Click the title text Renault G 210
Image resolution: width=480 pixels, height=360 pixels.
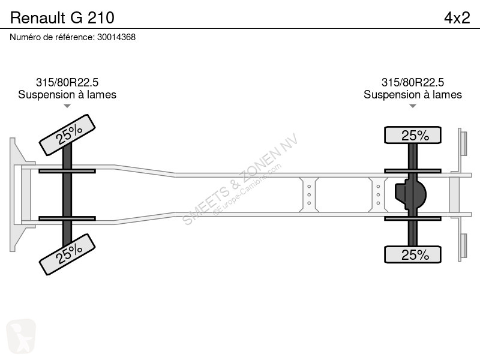[62, 18]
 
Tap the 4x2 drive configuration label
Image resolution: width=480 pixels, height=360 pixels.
[457, 18]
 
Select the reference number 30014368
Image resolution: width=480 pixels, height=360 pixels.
[116, 37]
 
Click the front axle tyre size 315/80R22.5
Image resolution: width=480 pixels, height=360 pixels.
[67, 82]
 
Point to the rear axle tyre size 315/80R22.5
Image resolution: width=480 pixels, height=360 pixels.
[413, 82]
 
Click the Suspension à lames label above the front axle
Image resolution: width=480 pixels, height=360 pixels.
[67, 95]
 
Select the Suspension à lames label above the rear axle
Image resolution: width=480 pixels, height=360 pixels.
[413, 95]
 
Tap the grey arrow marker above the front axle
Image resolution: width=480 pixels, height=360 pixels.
[67, 106]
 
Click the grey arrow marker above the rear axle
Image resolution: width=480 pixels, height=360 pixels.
[413, 106]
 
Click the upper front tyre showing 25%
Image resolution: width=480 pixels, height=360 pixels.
[67, 134]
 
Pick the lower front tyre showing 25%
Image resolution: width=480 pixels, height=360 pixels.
[67, 254]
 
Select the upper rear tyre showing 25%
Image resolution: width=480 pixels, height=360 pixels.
[413, 135]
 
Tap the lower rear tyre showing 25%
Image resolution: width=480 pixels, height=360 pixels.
[413, 254]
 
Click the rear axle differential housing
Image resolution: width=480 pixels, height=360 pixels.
[410, 194]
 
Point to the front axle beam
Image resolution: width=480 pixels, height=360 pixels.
[67, 194]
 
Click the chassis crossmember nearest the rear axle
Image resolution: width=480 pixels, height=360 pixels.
[379, 194]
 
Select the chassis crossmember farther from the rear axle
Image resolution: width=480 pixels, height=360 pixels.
[309, 194]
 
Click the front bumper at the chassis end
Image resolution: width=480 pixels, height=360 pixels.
[19, 194]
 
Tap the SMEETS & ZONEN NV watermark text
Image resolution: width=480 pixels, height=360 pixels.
[241, 179]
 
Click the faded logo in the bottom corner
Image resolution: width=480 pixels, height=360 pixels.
[21, 336]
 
